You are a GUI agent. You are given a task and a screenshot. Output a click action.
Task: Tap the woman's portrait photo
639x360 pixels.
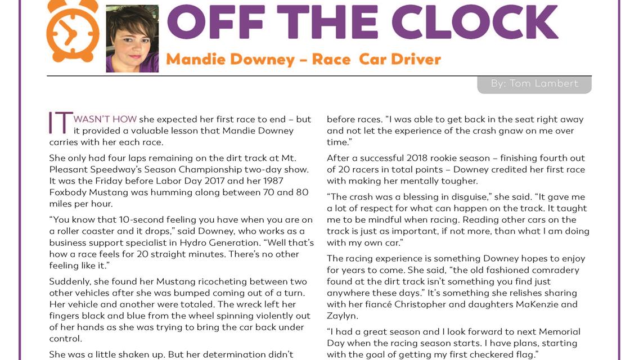132,39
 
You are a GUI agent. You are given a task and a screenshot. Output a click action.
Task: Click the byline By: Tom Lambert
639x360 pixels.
534,83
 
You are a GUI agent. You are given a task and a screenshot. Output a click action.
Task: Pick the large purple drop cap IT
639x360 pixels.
60,123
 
